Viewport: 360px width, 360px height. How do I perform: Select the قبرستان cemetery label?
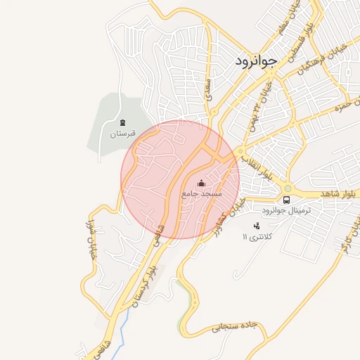point(122,132)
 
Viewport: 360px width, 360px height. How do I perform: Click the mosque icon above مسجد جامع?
point(202,182)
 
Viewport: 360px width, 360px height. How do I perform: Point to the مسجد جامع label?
point(201,192)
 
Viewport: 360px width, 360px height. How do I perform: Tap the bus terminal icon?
point(285,200)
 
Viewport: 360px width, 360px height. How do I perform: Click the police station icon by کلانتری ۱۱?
point(256,226)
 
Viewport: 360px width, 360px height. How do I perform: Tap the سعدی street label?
point(208,89)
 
